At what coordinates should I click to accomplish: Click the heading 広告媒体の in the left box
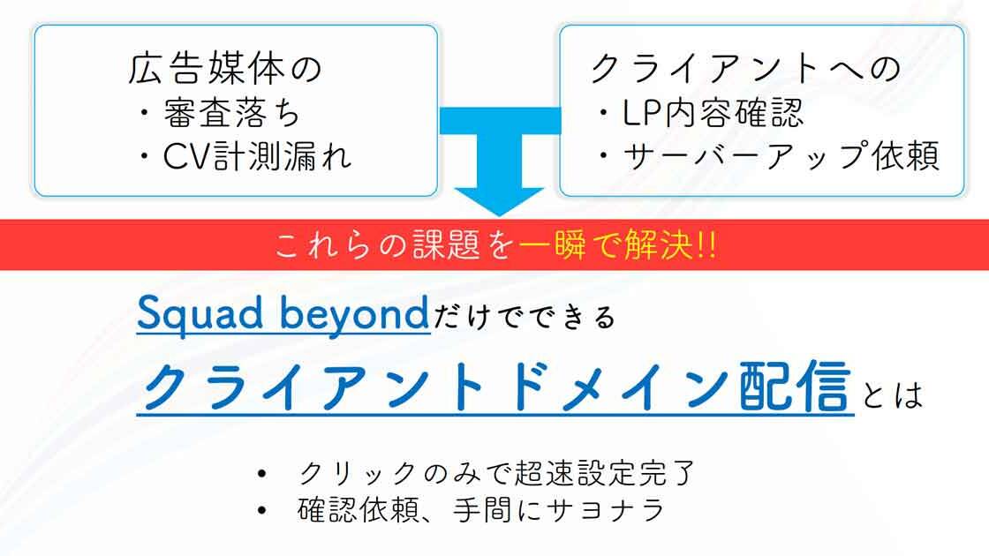[x=225, y=69]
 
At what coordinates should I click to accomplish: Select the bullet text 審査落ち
[x=231, y=114]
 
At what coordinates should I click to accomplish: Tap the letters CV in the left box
[x=186, y=156]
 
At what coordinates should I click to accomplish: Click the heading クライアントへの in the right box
[x=745, y=68]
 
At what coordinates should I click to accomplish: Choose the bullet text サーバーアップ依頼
[x=781, y=155]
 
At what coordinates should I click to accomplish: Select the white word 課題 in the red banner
[x=447, y=245]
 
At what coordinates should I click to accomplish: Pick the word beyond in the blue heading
[x=354, y=314]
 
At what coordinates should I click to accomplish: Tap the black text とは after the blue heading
[x=892, y=394]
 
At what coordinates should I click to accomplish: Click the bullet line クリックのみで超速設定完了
[x=496, y=473]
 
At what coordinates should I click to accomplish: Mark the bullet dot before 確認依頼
[x=261, y=511]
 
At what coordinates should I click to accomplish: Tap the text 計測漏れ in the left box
[x=282, y=156]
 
